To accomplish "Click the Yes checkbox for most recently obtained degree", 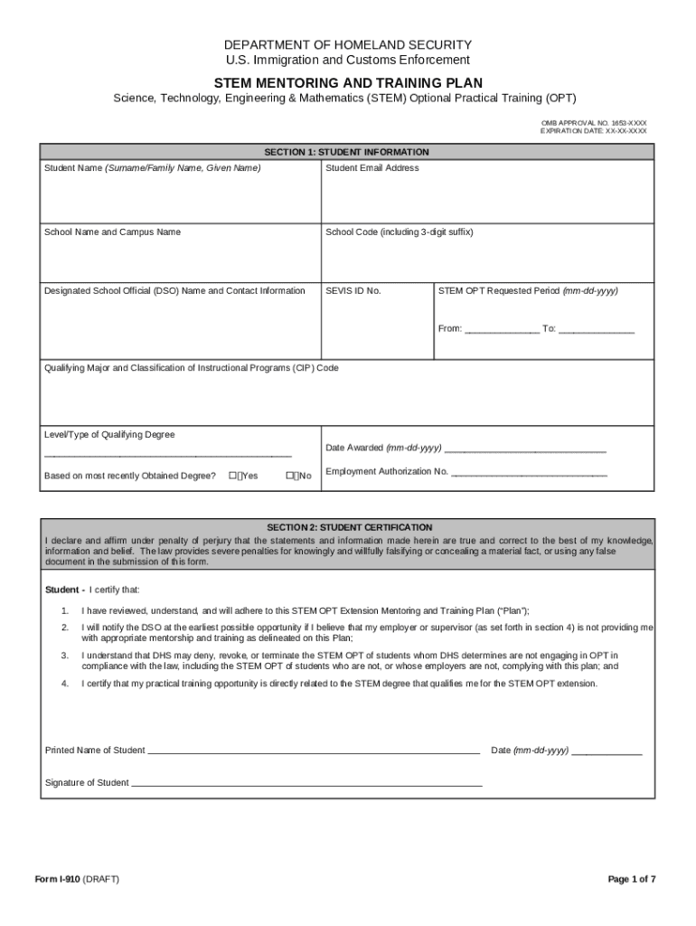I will click(233, 476).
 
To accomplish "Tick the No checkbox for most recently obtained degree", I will click(290, 476).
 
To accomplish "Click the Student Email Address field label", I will click(372, 168).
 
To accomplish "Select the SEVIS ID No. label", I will click(353, 291).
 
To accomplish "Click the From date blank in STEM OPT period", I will click(502, 329).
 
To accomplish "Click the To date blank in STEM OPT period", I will click(596, 329).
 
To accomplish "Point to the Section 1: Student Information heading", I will click(346, 152).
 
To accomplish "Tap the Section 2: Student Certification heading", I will click(349, 527).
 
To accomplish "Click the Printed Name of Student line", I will click(313, 751).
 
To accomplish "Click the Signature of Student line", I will click(306, 783).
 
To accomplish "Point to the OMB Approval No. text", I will click(594, 122).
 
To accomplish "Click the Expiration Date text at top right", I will click(594, 131).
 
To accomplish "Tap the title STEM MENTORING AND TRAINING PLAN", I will click(348, 82).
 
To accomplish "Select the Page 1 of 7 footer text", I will click(632, 880).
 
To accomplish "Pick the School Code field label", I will click(399, 232).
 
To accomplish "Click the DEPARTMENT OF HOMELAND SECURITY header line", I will click(348, 44).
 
